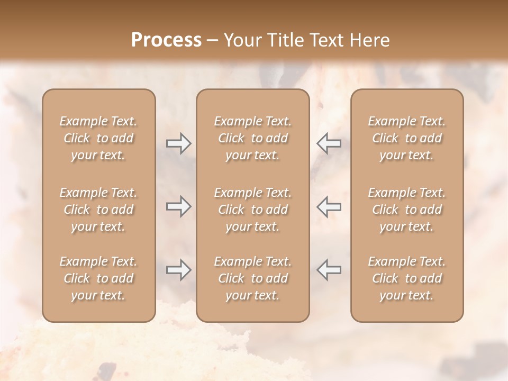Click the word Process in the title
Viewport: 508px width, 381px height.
click(x=166, y=40)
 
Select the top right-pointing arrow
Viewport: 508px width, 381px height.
click(x=178, y=143)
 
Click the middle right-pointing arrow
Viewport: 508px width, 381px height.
click(x=178, y=206)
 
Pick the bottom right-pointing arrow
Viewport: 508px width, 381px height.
click(x=178, y=270)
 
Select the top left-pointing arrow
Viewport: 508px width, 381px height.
click(x=329, y=143)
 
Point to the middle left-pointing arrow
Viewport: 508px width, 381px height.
click(x=329, y=206)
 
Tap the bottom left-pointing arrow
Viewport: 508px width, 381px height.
click(x=329, y=270)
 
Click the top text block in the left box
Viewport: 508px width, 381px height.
click(x=98, y=138)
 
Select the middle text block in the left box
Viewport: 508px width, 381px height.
click(x=98, y=210)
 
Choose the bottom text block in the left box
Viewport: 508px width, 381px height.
click(x=98, y=278)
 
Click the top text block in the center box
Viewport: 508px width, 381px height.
click(x=253, y=138)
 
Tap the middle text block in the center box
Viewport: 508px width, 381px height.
click(x=253, y=210)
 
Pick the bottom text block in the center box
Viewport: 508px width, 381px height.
click(x=253, y=278)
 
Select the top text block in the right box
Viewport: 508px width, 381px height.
click(x=407, y=138)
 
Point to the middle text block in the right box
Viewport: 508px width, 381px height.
click(x=407, y=210)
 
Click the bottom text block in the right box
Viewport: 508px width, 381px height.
click(x=407, y=278)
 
